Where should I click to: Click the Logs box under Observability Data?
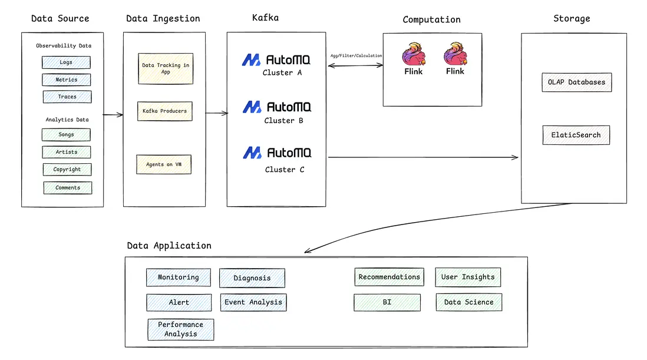coord(66,62)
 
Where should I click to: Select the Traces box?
coord(67,97)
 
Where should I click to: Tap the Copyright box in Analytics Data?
coord(67,170)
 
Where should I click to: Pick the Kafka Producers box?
coord(165,111)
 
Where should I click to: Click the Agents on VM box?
coord(164,164)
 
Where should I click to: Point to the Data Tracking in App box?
coord(166,68)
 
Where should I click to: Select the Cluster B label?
coord(283,121)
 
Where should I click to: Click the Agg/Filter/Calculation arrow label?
coord(356,56)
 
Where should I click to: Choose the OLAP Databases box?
coord(576,82)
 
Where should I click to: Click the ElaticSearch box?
coord(576,135)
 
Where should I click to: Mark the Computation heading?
coord(431,20)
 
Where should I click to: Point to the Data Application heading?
coord(169,246)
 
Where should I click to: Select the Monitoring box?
coord(179,278)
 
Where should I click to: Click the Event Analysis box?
coord(253,303)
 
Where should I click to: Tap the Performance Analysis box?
coord(181,329)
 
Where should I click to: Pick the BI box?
coord(387,303)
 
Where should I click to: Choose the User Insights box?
coord(468,277)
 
